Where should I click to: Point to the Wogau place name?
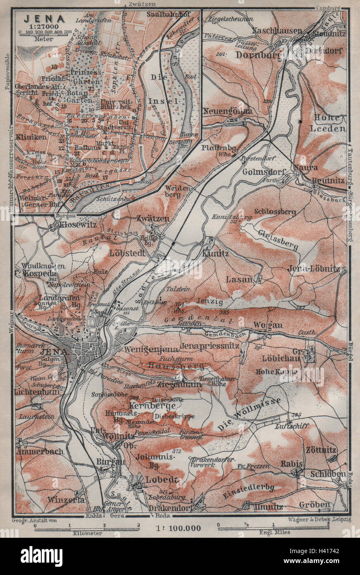click(x=269, y=325)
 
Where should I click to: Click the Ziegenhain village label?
click(x=179, y=384)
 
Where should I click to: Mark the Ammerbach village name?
click(x=40, y=451)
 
